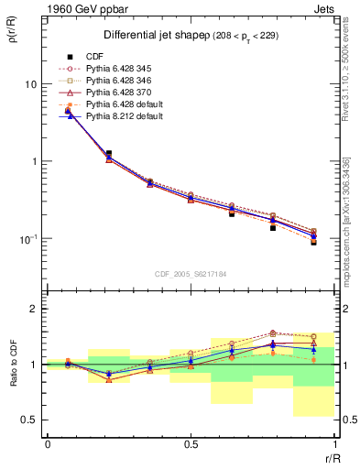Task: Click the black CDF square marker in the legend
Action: pyautogui.click(x=68, y=54)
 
